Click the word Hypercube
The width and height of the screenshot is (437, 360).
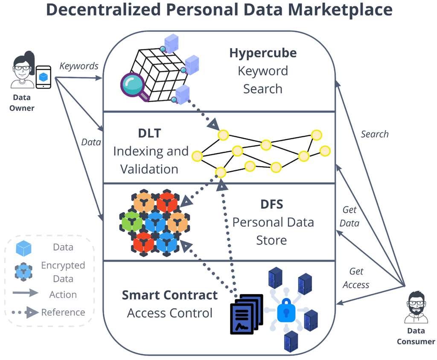click(x=262, y=53)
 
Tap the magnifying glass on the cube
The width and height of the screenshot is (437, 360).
click(x=134, y=86)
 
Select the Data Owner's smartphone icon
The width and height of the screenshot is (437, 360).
click(x=43, y=77)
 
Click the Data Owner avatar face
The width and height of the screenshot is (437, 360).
click(x=22, y=68)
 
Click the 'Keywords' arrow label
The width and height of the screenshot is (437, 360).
click(x=79, y=66)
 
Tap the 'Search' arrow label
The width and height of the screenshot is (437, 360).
click(x=374, y=134)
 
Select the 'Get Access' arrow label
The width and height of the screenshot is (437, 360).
click(x=356, y=278)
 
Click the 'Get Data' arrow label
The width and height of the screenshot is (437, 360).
click(x=350, y=217)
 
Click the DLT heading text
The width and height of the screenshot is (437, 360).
click(x=149, y=133)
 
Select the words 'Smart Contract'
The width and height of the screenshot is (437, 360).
click(x=169, y=295)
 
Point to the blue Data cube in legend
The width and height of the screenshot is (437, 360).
click(x=23, y=248)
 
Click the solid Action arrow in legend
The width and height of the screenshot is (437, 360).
click(x=26, y=294)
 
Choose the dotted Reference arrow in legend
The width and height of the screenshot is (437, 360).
click(x=26, y=313)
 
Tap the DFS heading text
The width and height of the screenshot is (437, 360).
click(x=271, y=204)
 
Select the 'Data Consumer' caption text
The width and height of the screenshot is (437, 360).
click(x=415, y=336)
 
